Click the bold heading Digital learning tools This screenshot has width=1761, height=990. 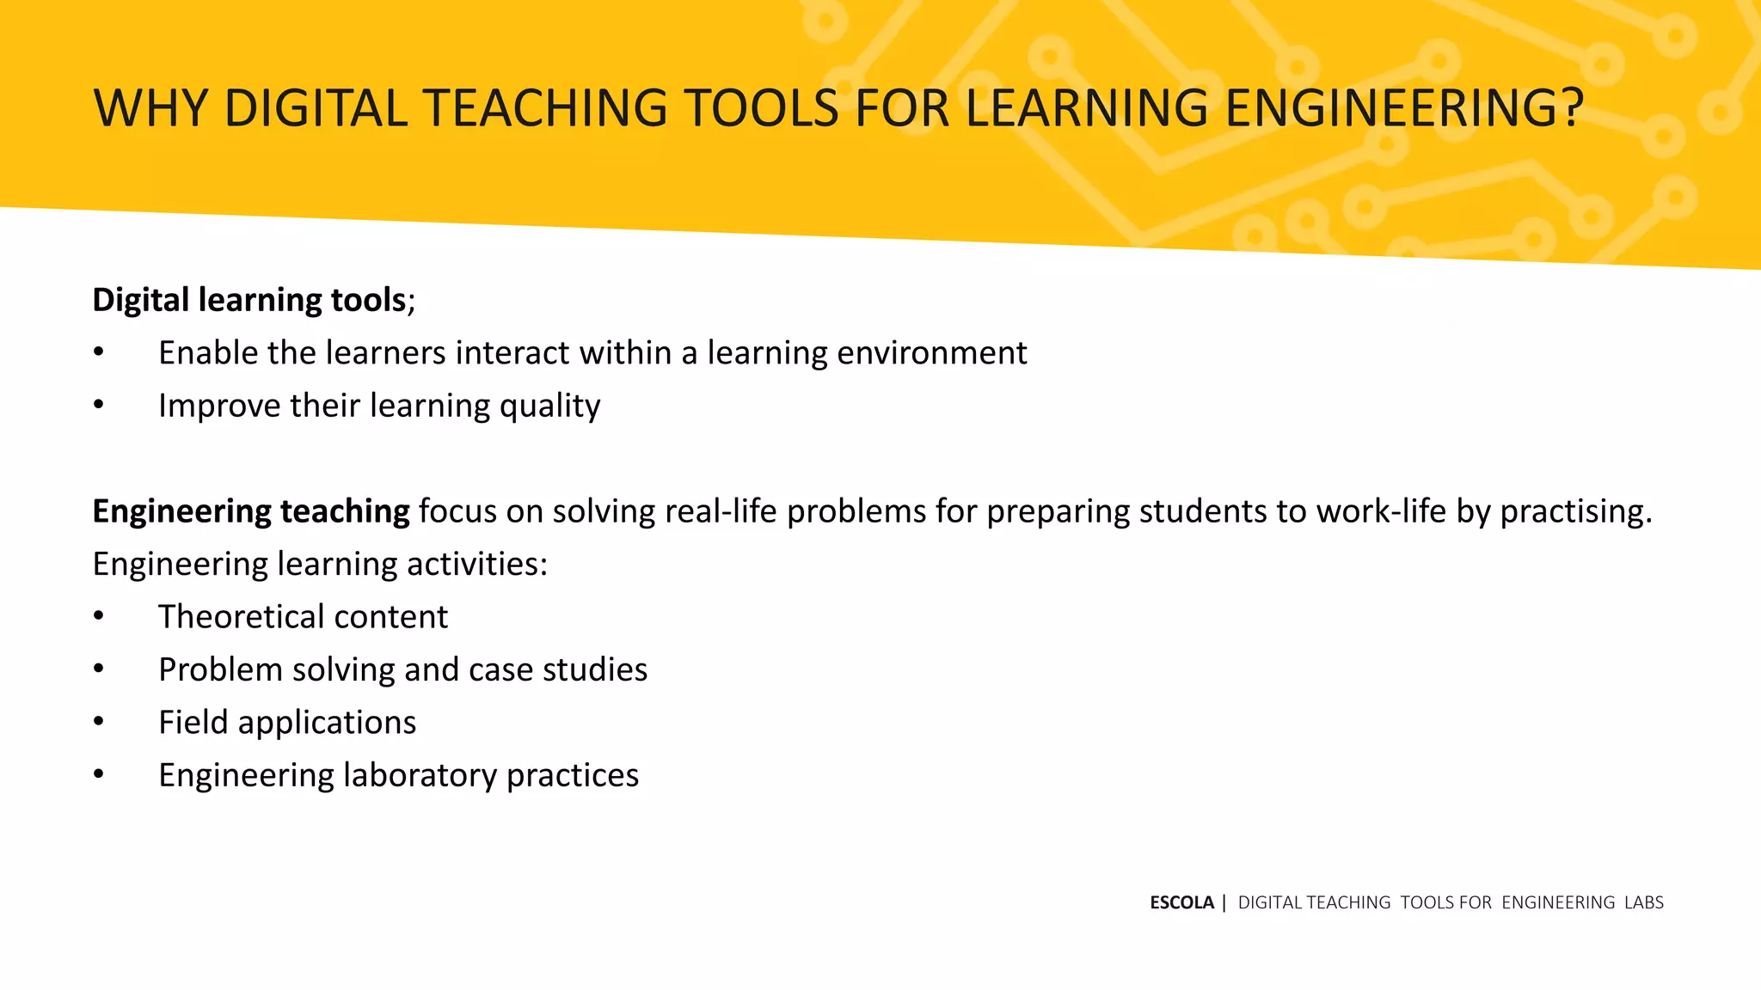(x=249, y=300)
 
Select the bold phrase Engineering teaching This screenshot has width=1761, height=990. (x=251, y=511)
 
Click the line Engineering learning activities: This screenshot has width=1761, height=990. (x=320, y=565)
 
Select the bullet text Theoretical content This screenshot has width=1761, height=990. (x=303, y=617)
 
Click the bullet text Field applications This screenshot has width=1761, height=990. (x=287, y=723)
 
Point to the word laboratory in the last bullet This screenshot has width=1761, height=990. (x=420, y=776)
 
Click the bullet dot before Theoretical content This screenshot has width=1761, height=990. (x=99, y=617)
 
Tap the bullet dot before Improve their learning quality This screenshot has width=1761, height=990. (x=99, y=406)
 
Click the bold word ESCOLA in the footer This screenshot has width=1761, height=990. (x=1181, y=902)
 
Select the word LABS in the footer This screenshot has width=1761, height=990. (x=1643, y=902)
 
